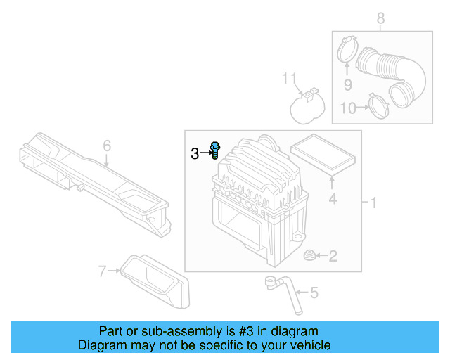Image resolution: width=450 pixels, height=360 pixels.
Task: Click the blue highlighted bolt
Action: pyautogui.click(x=215, y=150)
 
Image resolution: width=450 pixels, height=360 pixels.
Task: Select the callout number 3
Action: pyautogui.click(x=195, y=153)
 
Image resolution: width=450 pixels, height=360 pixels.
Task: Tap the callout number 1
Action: pyautogui.click(x=374, y=203)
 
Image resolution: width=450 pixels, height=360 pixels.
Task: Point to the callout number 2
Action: pyautogui.click(x=333, y=257)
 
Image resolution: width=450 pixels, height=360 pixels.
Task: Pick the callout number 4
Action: pyautogui.click(x=333, y=199)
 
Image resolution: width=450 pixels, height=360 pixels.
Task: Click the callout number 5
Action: pyautogui.click(x=313, y=292)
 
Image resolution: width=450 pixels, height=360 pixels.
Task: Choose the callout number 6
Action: pyautogui.click(x=107, y=146)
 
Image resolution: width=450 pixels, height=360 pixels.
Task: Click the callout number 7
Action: pyautogui.click(x=103, y=270)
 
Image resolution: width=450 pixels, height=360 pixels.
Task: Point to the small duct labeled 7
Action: pyautogui.click(x=154, y=281)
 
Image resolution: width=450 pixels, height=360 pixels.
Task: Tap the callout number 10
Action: pyautogui.click(x=348, y=108)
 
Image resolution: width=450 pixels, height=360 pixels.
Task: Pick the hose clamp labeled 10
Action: pyautogui.click(x=380, y=107)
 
